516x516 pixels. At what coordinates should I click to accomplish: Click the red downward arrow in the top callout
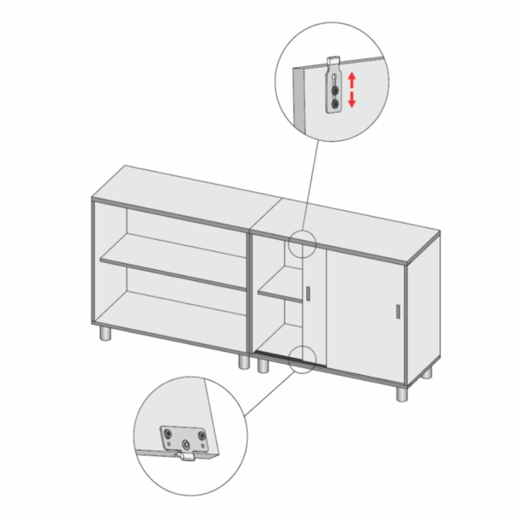coord(351,101)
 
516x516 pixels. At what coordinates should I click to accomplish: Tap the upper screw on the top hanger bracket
coord(335,84)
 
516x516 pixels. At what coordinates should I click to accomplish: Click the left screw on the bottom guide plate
coord(169,437)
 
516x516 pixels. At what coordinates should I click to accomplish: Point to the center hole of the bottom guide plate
coord(186,445)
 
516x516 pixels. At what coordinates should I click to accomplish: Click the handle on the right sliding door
coord(397,315)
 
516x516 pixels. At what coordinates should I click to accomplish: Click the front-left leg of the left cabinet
coord(103,335)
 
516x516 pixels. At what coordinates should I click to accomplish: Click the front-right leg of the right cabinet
coord(402,394)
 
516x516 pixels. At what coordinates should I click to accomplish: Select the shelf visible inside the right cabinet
coord(281,294)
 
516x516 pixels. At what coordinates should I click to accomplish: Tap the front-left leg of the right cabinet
coord(261,364)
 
